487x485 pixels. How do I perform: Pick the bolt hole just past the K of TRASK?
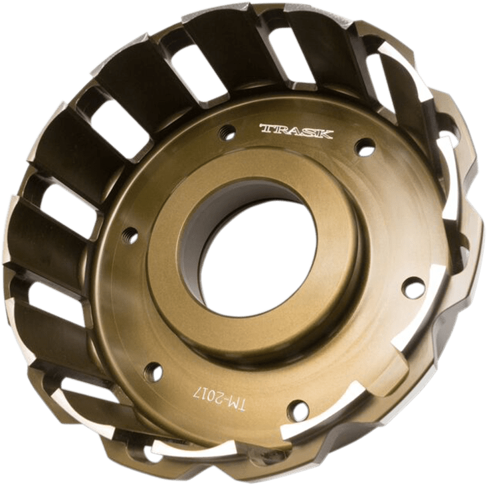coord(365,147)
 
